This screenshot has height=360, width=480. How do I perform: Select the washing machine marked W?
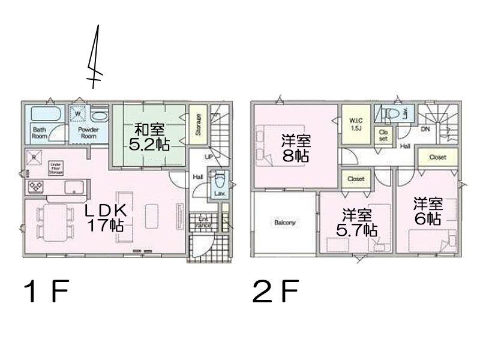(78, 112)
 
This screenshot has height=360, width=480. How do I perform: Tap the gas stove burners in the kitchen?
(34, 187)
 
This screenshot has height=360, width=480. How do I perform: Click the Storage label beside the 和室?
(197, 124)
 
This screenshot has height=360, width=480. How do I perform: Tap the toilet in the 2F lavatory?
(392, 113)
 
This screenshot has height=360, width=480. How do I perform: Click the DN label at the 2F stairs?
(425, 129)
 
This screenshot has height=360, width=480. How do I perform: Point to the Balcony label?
(284, 223)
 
